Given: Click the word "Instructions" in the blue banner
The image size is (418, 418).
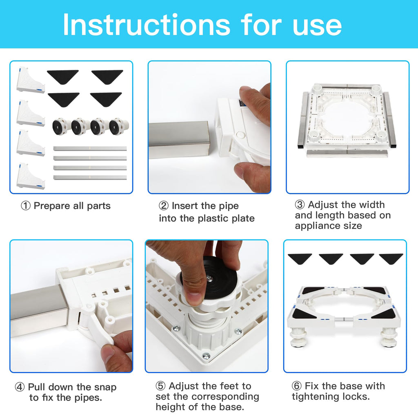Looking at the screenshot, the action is pyautogui.click(x=147, y=25).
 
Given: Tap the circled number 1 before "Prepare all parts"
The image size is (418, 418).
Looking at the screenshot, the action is pyautogui.click(x=26, y=206).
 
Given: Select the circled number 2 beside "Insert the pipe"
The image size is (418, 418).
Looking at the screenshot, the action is pyautogui.click(x=164, y=206).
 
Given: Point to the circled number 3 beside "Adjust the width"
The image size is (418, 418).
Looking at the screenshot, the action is pyautogui.click(x=300, y=205).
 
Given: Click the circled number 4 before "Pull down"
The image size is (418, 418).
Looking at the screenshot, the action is pyautogui.click(x=20, y=387).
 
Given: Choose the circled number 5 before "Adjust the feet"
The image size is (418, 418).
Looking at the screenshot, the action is pyautogui.click(x=160, y=386).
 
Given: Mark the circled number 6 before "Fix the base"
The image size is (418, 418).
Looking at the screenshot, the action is pyautogui.click(x=297, y=386).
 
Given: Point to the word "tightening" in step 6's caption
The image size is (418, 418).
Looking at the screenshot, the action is pyautogui.click(x=316, y=397).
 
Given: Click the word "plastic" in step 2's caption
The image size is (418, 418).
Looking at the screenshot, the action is pyautogui.click(x=213, y=219).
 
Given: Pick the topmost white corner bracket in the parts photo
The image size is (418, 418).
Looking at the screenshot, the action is pyautogui.click(x=31, y=80).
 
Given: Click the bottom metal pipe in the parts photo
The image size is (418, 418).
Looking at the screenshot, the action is pyautogui.click(x=90, y=178).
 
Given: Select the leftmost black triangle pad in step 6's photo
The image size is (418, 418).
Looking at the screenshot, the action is pyautogui.click(x=300, y=258).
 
